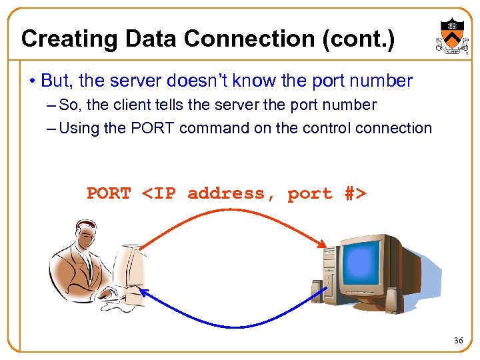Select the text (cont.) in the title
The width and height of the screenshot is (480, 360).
pyautogui.click(x=358, y=39)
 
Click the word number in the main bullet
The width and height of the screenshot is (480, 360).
pyautogui.click(x=381, y=81)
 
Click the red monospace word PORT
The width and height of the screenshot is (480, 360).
pyautogui.click(x=109, y=193)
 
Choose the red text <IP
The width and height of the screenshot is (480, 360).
pyautogui.click(x=159, y=193)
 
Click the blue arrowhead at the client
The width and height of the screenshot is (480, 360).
pyautogui.click(x=143, y=293)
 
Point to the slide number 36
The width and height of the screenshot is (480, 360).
pyautogui.click(x=458, y=341)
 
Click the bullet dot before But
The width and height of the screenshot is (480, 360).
pyautogui.click(x=32, y=82)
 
